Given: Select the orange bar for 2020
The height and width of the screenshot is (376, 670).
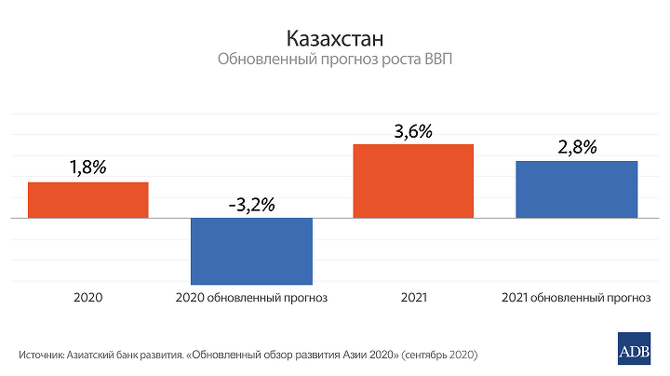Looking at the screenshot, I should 87,199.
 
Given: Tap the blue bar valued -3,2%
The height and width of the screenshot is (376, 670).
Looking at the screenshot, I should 250,250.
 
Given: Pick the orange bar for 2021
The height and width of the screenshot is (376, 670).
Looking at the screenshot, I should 413,181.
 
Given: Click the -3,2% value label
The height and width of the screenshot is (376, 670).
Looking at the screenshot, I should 250,205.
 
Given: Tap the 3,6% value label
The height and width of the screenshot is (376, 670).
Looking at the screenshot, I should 413,131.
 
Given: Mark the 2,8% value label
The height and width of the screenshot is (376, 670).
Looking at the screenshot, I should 576,147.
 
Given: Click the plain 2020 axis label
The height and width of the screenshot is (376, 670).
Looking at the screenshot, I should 87,299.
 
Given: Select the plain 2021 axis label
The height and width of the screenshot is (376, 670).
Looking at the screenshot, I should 413,299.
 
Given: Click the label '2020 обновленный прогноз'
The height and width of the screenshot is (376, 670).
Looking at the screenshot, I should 250,299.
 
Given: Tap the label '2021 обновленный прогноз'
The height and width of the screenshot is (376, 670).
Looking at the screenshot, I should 576,299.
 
